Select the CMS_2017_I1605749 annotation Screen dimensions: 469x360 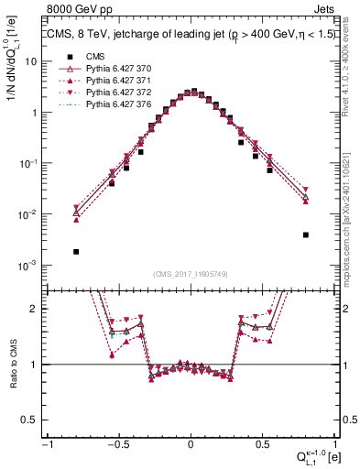coord(191,273)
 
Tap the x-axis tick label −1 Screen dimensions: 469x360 coord(47,444)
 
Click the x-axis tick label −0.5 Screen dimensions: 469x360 coord(117,444)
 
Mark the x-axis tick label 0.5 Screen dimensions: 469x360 coord(262,444)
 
